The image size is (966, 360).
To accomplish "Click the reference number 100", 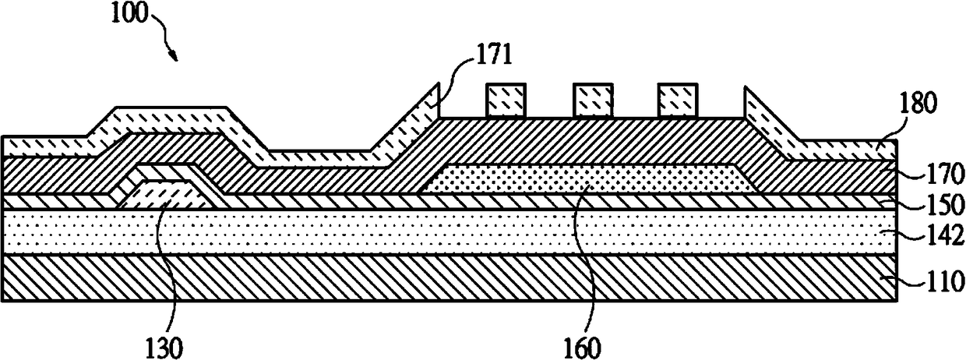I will [x=126, y=16].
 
